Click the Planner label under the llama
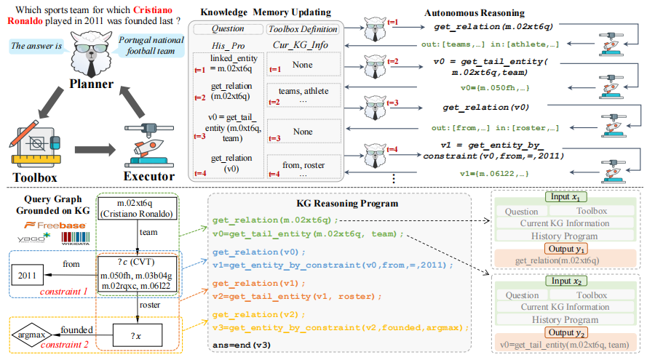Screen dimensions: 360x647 (90, 84)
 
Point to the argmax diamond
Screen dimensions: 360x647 (29, 335)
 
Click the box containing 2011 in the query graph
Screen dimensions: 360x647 (26, 275)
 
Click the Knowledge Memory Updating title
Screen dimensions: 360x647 (267, 13)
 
